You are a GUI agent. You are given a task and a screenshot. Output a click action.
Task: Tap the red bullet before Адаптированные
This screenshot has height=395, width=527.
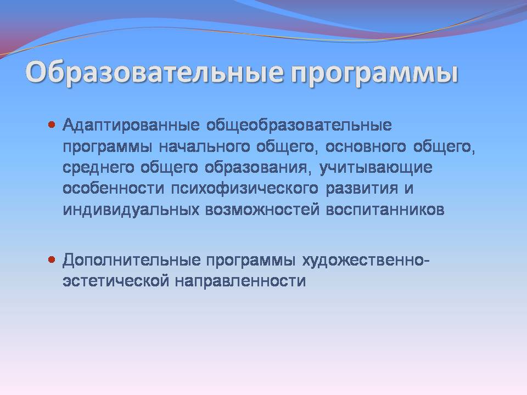coord(52,125)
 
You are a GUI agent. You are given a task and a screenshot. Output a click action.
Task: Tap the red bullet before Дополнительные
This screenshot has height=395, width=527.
coord(52,259)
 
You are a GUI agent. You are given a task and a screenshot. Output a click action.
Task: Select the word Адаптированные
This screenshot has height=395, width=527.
coord(131,126)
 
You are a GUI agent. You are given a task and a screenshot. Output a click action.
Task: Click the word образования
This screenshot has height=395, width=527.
coord(256,168)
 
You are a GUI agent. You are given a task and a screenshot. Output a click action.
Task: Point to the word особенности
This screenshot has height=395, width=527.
coord(114,188)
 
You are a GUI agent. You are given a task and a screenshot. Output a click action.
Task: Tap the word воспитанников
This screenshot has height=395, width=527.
coord(385,210)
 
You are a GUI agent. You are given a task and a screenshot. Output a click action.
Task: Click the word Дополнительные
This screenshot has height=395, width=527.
coord(131,261)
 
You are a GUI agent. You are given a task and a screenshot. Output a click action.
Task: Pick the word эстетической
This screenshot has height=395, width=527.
coord(116,281)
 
